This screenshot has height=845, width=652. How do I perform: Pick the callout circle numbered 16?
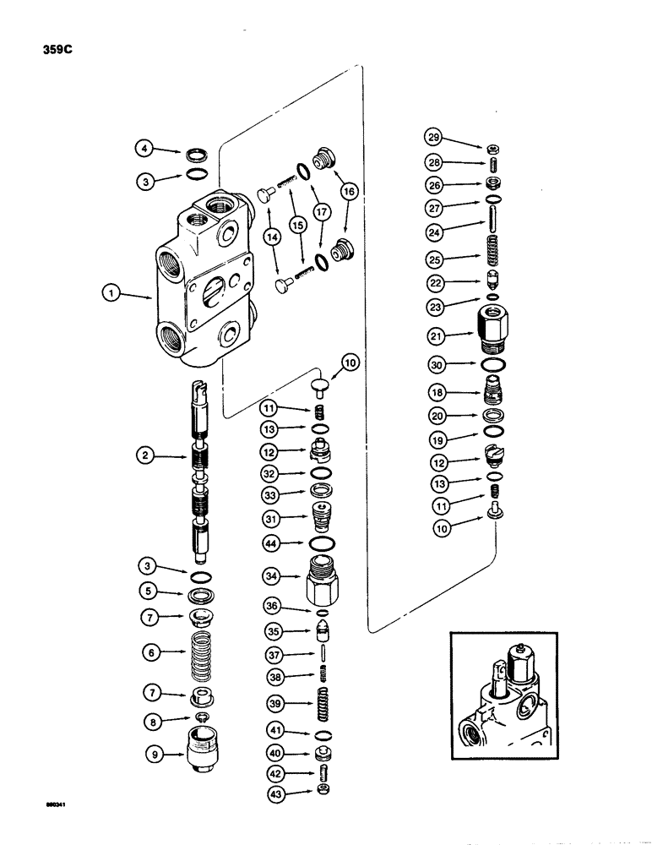(x=348, y=191)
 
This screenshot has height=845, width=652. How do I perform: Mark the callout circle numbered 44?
(x=270, y=542)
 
